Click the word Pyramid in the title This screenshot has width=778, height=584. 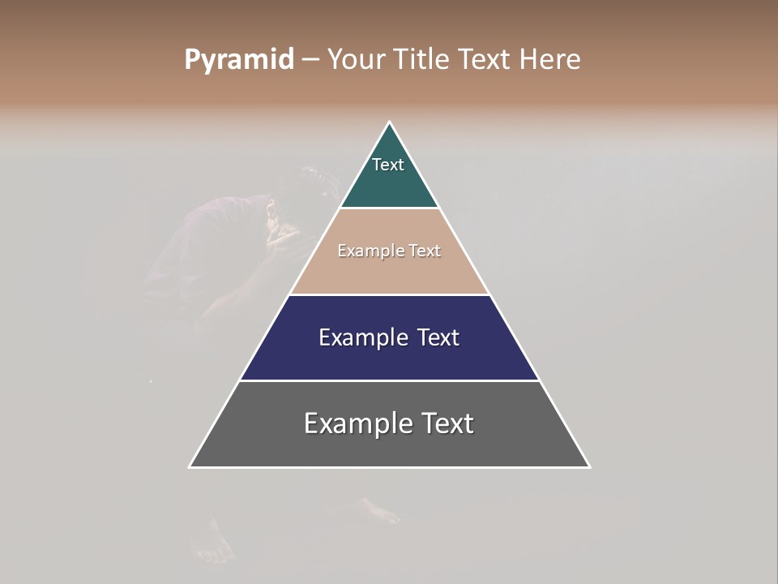238,60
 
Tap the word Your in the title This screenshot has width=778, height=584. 356,60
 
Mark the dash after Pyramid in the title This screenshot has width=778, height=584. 310,60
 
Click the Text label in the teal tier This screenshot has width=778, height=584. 388,165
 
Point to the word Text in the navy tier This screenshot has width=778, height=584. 438,337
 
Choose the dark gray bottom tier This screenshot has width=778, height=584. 389,446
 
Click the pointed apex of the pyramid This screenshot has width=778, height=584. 390,123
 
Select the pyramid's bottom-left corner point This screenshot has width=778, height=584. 190,466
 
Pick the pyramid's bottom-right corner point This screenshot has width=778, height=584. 588,466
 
